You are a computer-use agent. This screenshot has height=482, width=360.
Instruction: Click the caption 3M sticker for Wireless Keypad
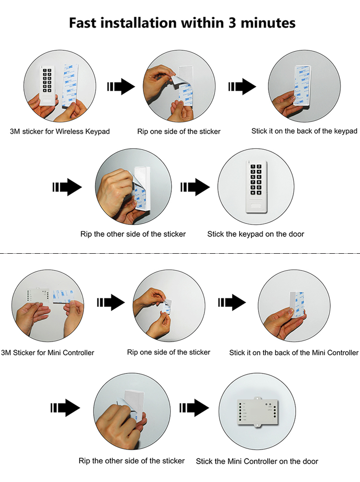coord(60,131)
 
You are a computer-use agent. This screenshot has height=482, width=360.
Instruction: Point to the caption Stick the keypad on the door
coord(255,234)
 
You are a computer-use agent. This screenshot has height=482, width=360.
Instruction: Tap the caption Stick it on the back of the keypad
coord(304,131)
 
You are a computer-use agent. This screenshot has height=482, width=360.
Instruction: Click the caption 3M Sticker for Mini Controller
coord(48,353)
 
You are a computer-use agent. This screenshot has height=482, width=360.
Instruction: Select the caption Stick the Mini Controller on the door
coord(257,461)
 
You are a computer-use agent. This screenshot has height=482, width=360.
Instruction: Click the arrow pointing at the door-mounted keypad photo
coord(194,188)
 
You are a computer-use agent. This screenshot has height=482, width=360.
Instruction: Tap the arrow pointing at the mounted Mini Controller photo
coord(194,408)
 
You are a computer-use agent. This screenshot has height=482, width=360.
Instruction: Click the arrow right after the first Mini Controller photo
coord(111,302)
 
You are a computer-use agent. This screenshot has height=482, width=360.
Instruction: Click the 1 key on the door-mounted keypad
coord(252,167)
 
